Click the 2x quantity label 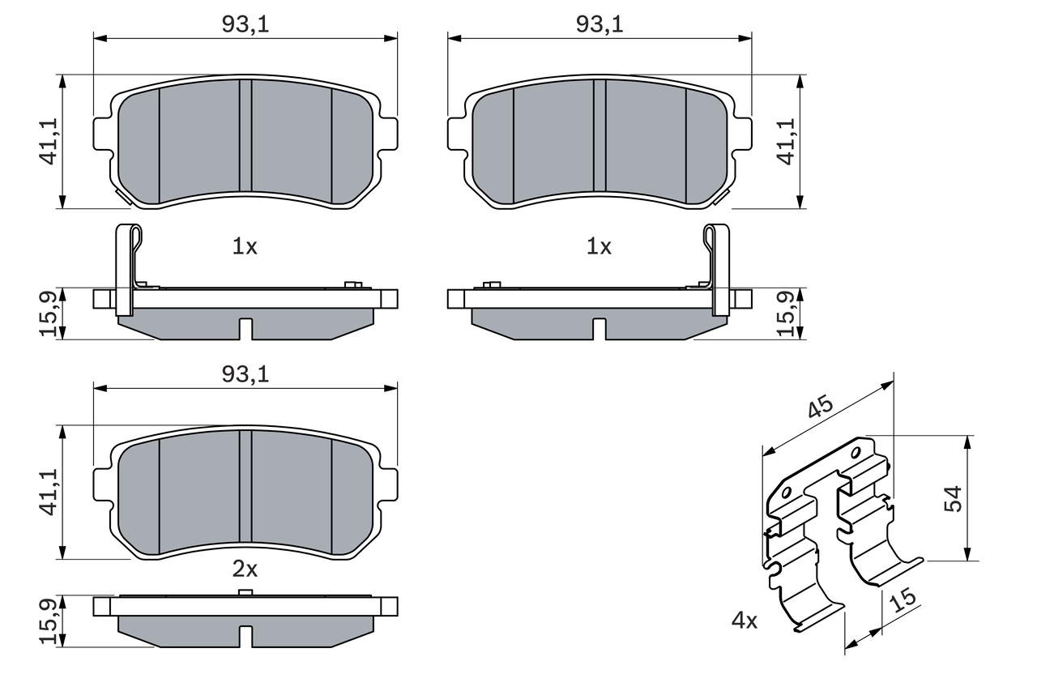click(x=245, y=569)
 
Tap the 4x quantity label click(x=744, y=621)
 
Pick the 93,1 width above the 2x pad click(x=245, y=374)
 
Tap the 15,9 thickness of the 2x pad click(x=49, y=622)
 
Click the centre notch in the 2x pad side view click(x=245, y=637)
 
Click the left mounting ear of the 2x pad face click(x=102, y=484)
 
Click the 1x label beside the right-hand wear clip click(x=599, y=247)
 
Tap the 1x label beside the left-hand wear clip click(x=245, y=247)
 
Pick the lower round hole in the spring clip click(x=786, y=492)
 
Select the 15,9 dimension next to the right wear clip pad click(x=785, y=314)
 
